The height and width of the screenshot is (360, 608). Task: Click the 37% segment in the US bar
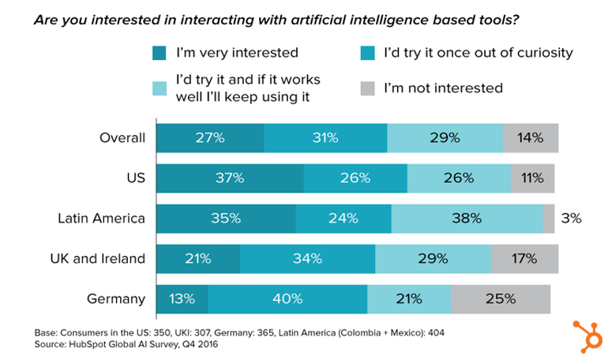pos(230,178)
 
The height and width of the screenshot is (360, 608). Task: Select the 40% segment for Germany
pos(287,299)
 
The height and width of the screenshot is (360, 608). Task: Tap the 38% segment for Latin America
pos(467,219)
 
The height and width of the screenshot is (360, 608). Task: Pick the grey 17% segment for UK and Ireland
pos(524,259)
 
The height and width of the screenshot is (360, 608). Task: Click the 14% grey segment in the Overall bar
pos(531,138)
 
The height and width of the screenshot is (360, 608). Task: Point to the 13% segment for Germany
pos(182,299)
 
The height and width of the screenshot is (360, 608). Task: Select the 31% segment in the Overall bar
pos(325,138)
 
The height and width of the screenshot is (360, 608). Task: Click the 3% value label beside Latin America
pos(572,219)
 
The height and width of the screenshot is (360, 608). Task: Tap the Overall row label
pos(123,138)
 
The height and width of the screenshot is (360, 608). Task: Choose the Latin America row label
pos(102,219)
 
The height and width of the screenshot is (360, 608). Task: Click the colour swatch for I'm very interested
pos(160,54)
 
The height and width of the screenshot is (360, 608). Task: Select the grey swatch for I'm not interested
pos(367,88)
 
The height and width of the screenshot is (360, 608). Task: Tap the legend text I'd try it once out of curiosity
pos(478,54)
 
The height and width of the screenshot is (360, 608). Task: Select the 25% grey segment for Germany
pos(501,299)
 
